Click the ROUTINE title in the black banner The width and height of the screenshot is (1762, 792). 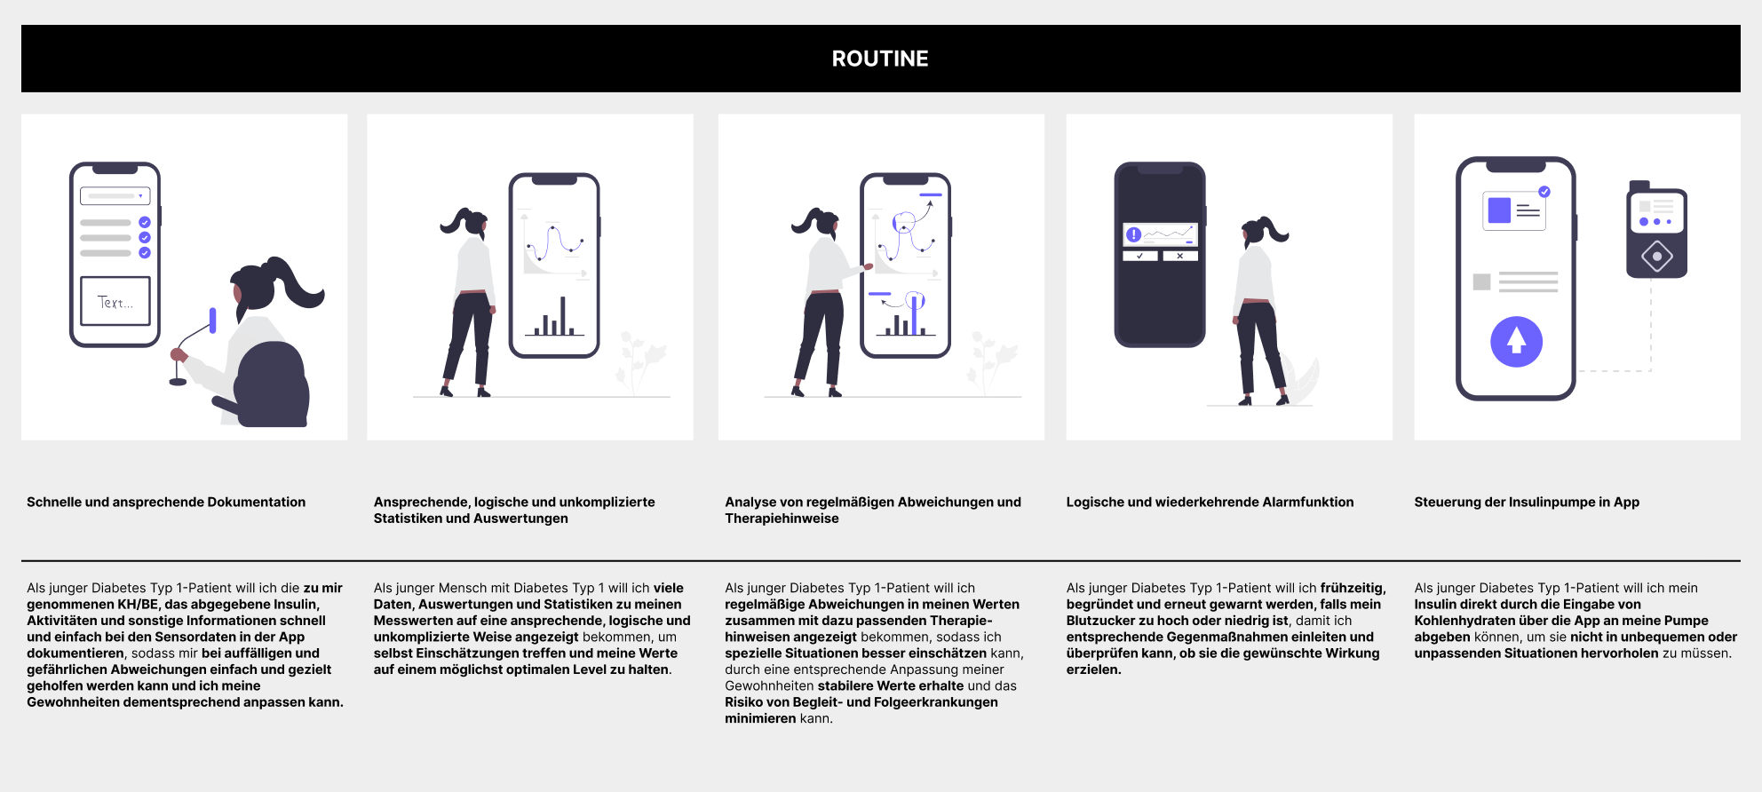[879, 59]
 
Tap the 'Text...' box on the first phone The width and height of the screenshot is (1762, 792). [115, 302]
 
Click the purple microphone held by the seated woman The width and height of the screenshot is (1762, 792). [213, 320]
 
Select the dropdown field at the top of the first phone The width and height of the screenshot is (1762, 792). [115, 196]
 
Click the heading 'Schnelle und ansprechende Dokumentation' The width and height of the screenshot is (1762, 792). [166, 502]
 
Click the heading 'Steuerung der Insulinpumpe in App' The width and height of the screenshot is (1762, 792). [1527, 502]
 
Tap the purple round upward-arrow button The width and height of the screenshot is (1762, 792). [1516, 342]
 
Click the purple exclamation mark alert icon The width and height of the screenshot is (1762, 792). [1134, 234]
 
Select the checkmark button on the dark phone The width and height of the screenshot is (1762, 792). [1139, 256]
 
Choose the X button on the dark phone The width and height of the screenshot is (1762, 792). [1179, 256]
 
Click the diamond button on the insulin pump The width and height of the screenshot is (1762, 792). [1657, 257]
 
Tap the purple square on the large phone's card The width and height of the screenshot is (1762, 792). [1499, 210]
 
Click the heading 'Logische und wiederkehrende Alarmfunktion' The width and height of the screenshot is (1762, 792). [1210, 502]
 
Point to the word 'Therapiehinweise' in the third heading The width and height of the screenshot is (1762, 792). [782, 519]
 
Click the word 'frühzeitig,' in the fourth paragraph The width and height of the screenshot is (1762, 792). [1353, 588]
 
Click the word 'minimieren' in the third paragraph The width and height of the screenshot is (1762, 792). [760, 718]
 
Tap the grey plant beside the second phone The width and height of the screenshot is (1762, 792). [639, 360]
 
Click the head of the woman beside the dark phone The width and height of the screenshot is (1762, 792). [1256, 233]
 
